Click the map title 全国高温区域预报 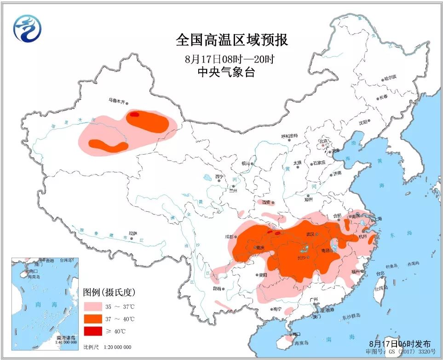(232, 40)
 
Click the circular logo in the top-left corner (27, 29)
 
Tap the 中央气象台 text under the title (225, 72)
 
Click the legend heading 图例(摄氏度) (109, 292)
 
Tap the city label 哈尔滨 (390, 79)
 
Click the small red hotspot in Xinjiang (134, 114)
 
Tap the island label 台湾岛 (380, 289)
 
